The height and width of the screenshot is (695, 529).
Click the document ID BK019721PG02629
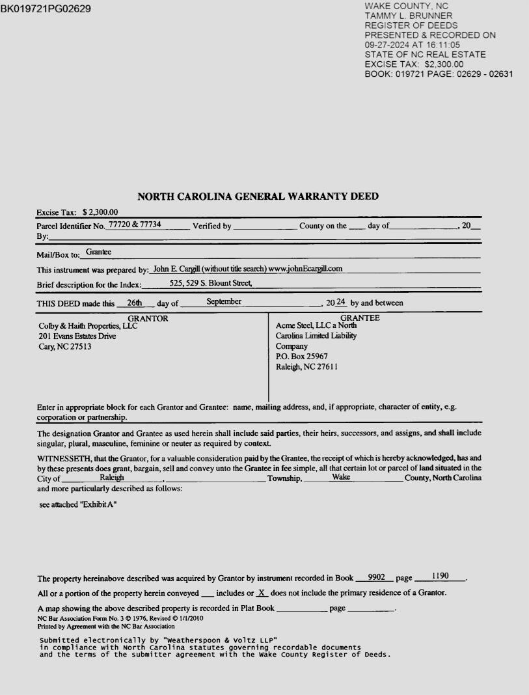pos(46,9)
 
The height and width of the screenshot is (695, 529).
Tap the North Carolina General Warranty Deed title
pos(258,197)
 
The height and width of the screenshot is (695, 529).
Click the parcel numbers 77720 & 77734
pos(135,225)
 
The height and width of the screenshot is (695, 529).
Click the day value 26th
pos(134,302)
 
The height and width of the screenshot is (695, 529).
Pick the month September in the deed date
pos(224,301)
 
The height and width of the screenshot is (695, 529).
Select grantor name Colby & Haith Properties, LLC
pos(88,326)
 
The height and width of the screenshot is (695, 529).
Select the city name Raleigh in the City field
pos(112,477)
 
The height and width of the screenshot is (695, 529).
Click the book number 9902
pos(377,577)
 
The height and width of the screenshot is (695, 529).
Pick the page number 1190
pos(440,576)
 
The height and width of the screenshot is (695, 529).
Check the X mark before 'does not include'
pos(262,593)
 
